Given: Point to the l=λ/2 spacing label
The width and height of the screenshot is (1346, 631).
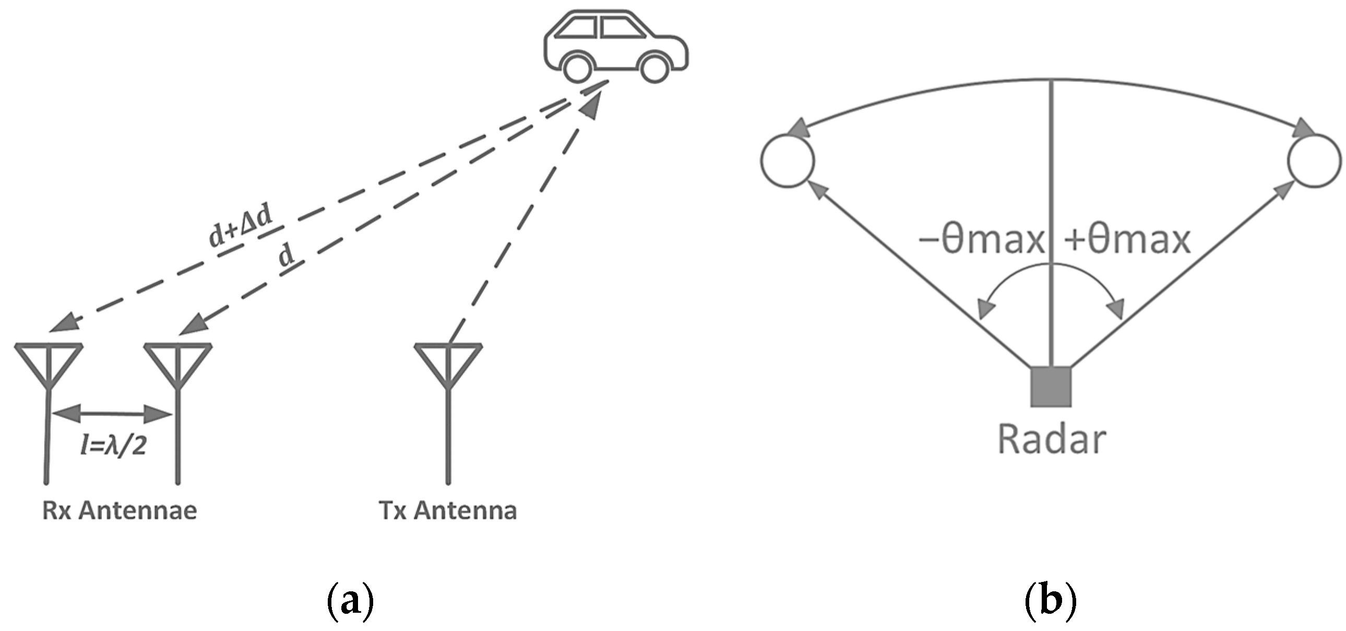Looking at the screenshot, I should click(x=113, y=445).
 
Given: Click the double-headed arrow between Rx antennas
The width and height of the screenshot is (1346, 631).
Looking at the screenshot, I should click(x=112, y=414).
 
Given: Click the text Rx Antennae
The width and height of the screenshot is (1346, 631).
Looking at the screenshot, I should click(x=120, y=510).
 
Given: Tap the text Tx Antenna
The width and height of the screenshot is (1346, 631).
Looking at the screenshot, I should click(x=448, y=510).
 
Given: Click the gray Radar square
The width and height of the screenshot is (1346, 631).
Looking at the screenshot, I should click(x=1051, y=387).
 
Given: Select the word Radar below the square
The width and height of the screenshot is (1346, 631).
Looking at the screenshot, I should click(x=1051, y=440).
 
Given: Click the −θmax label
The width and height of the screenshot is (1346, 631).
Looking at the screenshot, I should click(x=981, y=241).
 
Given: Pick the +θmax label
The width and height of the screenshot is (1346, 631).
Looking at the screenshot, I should click(x=1127, y=241).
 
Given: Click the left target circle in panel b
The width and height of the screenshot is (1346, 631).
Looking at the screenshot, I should click(x=788, y=160).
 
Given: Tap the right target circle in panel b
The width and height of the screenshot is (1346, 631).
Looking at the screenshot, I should click(x=1314, y=160).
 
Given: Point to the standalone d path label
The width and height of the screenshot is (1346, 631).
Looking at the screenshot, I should click(x=287, y=257).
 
